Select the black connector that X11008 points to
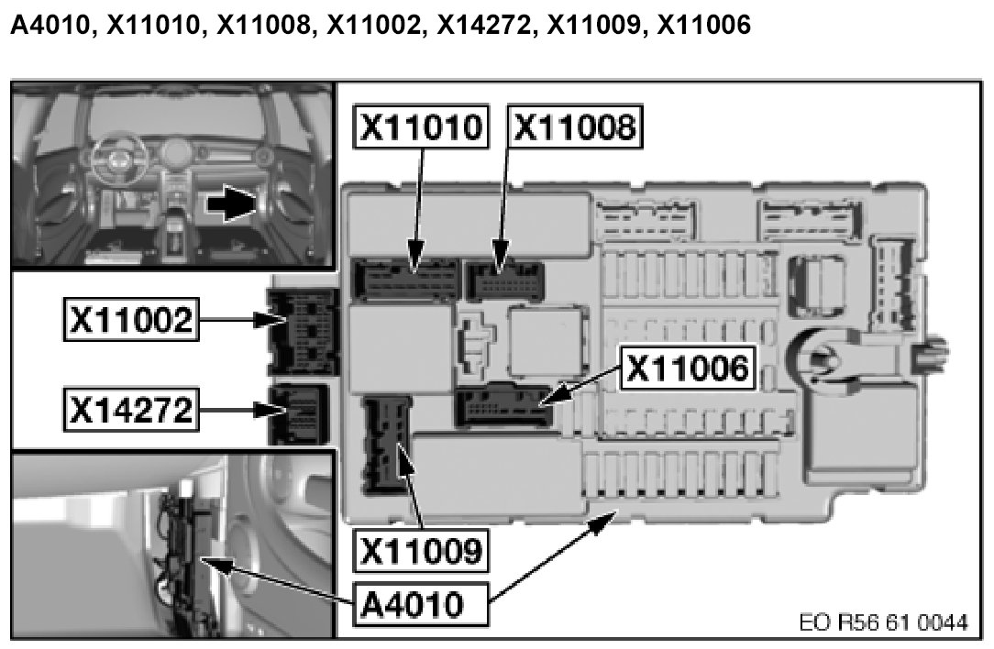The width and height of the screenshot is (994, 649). click(x=504, y=280)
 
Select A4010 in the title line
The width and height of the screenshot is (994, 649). click(x=50, y=27)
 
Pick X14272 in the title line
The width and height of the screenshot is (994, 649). click(x=488, y=27)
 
